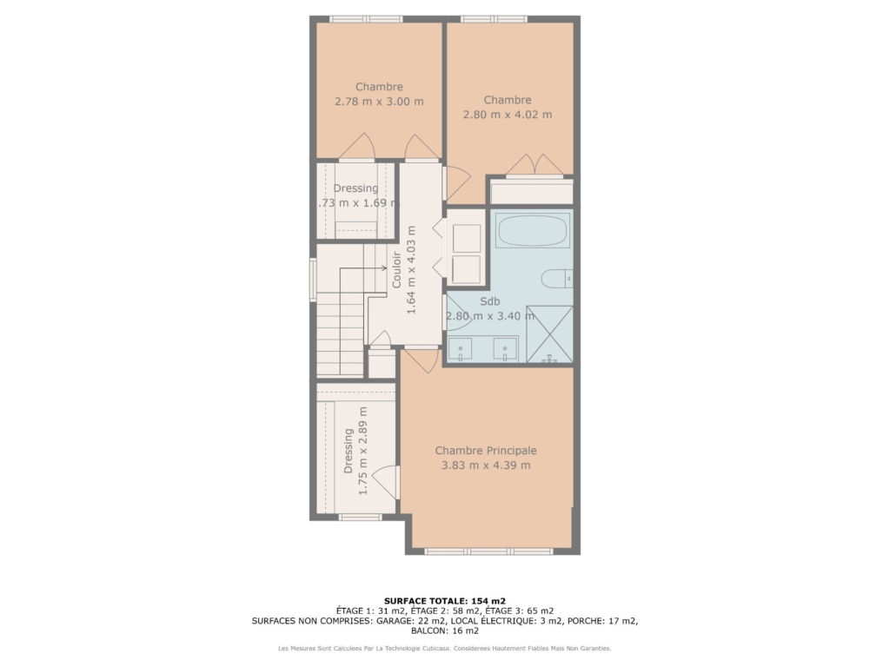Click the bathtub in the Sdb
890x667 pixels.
tap(533, 230)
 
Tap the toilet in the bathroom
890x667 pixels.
tap(557, 279)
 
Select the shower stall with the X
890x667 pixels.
tap(549, 334)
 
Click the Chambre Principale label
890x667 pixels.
tap(486, 451)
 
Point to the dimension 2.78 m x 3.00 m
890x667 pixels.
tap(379, 102)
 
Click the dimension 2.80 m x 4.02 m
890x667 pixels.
tap(508, 115)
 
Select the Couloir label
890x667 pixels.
tap(396, 270)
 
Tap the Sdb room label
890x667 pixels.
tap(490, 301)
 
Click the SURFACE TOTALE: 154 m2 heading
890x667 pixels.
tap(444, 601)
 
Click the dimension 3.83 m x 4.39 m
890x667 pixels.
tap(486, 466)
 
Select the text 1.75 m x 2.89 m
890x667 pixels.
tap(363, 451)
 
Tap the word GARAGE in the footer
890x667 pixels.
tap(395, 621)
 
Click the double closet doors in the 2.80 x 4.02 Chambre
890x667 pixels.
tap(535, 165)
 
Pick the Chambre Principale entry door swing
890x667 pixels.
tap(422, 360)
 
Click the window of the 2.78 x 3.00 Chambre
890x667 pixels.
tap(366, 19)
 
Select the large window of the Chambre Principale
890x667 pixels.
tap(488, 551)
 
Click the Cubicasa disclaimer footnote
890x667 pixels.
tap(444, 648)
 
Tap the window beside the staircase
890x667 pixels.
tap(313, 279)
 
